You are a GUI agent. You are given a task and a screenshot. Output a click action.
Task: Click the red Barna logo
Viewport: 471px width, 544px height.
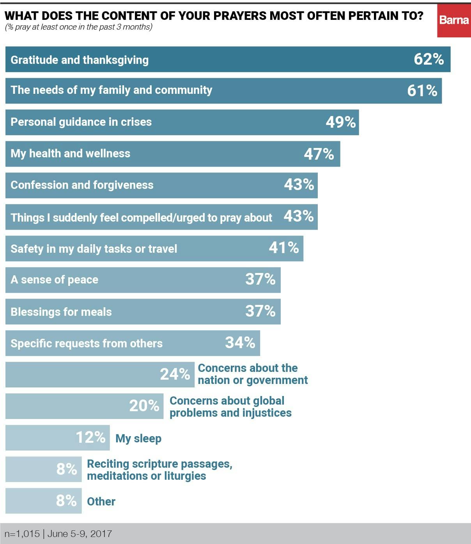click(453, 21)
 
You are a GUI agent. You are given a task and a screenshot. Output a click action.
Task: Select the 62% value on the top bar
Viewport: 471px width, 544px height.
click(429, 59)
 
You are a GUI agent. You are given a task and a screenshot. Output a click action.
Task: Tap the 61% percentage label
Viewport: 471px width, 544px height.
click(422, 91)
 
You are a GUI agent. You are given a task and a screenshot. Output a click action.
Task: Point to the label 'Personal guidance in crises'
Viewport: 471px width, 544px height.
click(81, 122)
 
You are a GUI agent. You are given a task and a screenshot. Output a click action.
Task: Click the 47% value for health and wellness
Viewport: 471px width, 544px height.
click(319, 154)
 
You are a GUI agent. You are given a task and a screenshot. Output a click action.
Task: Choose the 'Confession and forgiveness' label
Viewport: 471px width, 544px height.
click(82, 185)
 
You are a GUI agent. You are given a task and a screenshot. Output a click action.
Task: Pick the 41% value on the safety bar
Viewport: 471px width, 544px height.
click(283, 248)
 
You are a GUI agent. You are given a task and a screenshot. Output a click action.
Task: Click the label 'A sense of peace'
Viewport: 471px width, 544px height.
click(54, 280)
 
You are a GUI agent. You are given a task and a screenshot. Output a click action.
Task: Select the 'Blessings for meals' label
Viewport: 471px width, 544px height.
click(61, 312)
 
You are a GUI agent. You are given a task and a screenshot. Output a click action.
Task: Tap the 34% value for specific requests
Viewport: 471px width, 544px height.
click(240, 343)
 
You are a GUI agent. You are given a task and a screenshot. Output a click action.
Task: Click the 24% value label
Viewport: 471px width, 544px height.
click(175, 374)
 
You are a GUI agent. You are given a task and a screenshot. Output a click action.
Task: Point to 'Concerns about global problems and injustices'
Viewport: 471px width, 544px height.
click(230, 407)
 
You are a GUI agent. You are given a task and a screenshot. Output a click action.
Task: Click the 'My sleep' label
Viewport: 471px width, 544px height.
click(138, 438)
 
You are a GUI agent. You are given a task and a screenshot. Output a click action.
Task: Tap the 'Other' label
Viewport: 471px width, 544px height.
click(101, 502)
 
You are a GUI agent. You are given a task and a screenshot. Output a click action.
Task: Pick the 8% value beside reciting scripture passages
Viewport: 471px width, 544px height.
click(66, 469)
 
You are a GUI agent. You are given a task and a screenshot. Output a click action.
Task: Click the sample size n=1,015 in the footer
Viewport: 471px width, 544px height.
click(22, 534)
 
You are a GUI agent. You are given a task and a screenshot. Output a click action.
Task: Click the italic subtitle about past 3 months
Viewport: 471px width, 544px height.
click(78, 27)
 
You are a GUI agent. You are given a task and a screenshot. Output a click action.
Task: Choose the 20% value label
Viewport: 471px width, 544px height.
click(144, 406)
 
